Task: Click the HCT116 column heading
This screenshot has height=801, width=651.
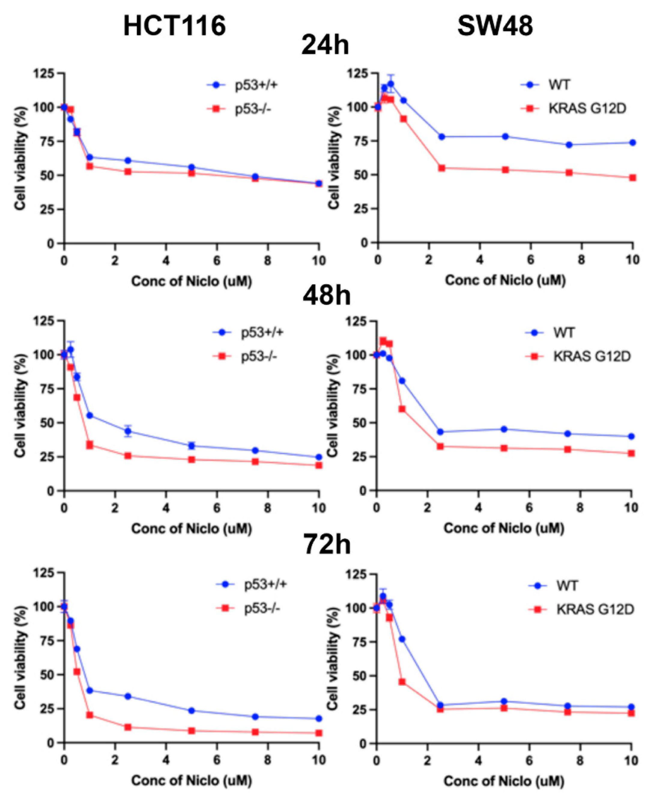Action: point(174,27)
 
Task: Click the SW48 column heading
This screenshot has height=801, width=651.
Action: point(495,27)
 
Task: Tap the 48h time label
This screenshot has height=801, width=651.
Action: point(326,295)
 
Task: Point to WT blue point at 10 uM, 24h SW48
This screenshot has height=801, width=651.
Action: point(632,143)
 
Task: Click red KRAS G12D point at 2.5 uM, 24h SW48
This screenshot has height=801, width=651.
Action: point(442,168)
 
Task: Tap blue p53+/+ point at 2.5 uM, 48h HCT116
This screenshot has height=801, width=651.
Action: point(128,431)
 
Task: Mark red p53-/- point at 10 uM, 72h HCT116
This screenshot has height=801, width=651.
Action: point(319,733)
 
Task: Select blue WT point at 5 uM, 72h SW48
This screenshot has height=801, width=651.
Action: point(504,701)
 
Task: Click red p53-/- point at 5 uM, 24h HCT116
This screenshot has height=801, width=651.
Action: point(192,173)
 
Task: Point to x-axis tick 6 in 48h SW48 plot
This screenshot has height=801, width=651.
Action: point(529,508)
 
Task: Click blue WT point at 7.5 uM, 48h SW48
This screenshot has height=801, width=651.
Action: point(568,434)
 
